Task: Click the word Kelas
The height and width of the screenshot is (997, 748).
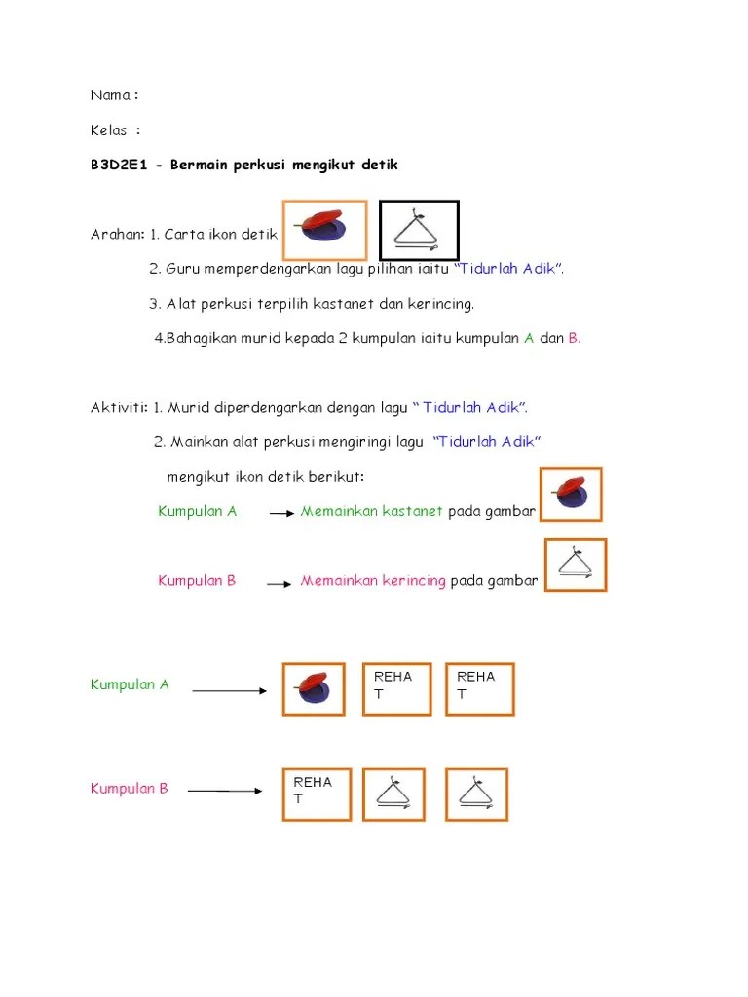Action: click(109, 129)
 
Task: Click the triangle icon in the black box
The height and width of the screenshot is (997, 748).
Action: click(418, 230)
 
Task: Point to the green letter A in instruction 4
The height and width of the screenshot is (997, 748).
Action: click(529, 338)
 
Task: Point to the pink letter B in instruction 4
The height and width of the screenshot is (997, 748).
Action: click(574, 338)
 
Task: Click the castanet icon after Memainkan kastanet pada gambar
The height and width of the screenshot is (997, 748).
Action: click(571, 495)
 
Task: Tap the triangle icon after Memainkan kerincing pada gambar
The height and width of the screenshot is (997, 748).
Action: click(576, 566)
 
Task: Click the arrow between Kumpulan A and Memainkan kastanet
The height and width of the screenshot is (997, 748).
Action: click(281, 513)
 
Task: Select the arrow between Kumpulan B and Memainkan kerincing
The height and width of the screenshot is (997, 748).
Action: click(280, 584)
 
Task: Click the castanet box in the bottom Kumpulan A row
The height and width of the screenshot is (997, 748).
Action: click(314, 689)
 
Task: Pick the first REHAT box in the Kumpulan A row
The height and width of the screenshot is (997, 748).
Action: click(396, 689)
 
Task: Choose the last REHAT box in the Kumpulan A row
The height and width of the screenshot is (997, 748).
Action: click(479, 689)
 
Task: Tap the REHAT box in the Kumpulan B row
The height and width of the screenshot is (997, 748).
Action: click(317, 794)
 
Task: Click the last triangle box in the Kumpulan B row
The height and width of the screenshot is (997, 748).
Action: click(477, 794)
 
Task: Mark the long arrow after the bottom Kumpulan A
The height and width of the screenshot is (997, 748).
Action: click(229, 691)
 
